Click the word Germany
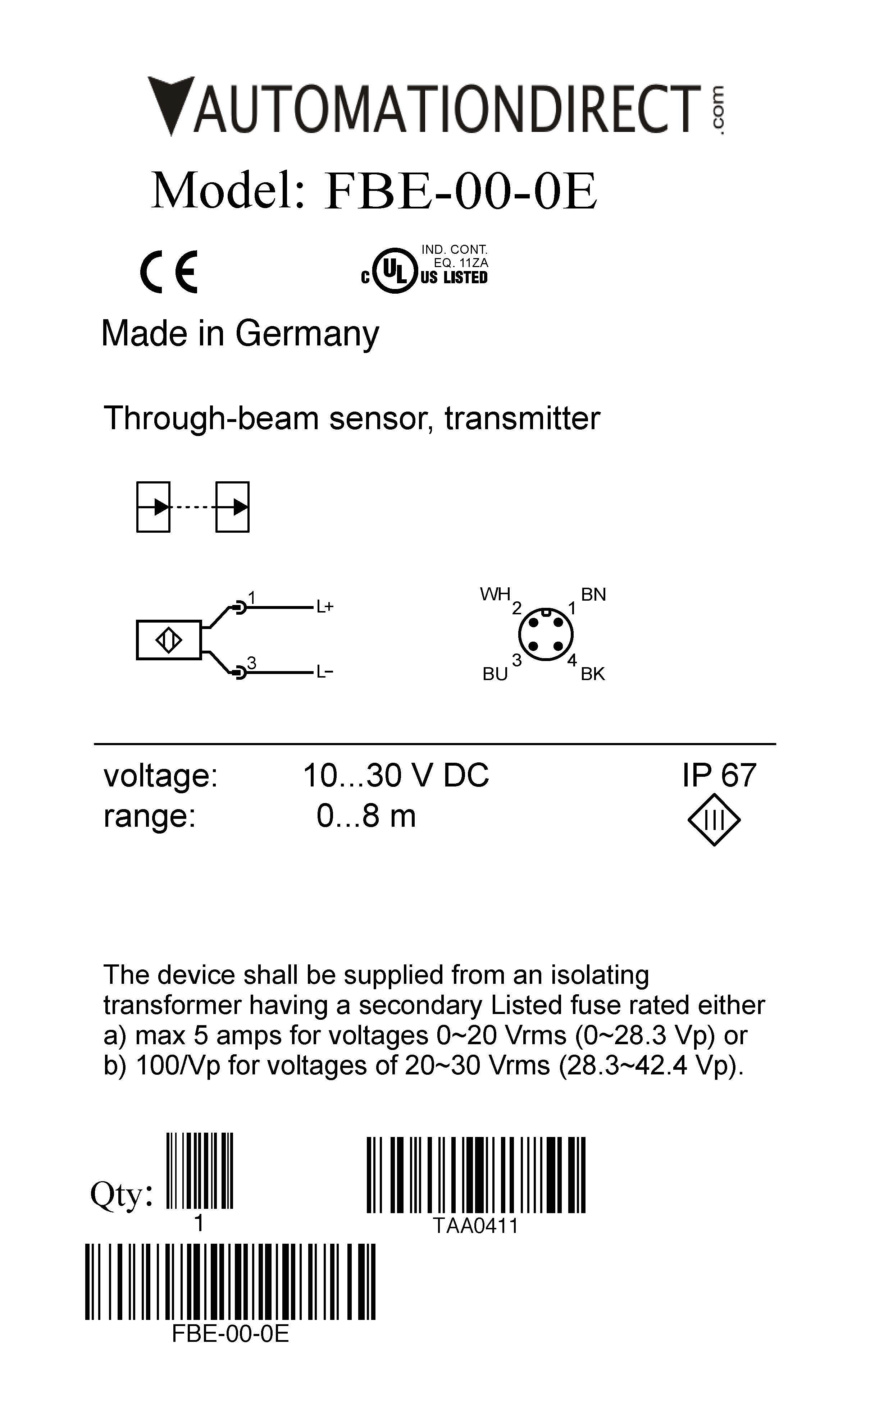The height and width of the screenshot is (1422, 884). point(307,334)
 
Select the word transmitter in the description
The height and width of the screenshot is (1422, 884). point(522,419)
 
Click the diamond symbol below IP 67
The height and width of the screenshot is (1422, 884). point(714,820)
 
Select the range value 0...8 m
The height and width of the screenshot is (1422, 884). point(366,816)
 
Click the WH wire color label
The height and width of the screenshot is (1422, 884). point(495,595)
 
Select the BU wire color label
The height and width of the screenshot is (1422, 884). point(495,674)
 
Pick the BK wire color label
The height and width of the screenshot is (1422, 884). point(592,674)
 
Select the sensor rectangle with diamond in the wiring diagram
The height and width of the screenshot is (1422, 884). point(168,640)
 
